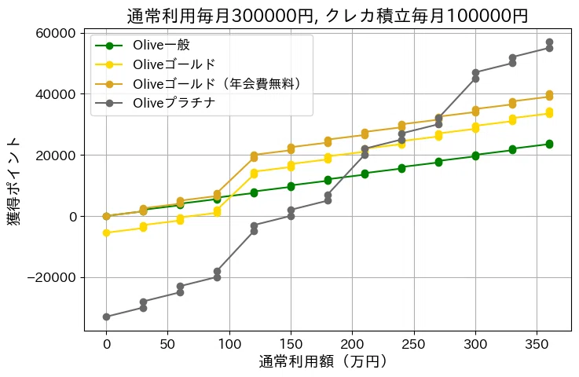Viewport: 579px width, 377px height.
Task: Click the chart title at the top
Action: click(328, 15)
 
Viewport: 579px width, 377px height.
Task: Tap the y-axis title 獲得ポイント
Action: click(15, 181)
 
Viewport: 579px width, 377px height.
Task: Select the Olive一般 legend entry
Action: click(162, 45)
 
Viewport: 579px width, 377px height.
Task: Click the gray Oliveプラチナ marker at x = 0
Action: click(106, 317)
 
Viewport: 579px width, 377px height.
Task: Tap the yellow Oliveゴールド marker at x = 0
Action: click(106, 232)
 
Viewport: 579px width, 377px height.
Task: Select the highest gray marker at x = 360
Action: click(549, 42)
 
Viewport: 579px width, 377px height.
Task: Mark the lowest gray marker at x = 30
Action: click(143, 308)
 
